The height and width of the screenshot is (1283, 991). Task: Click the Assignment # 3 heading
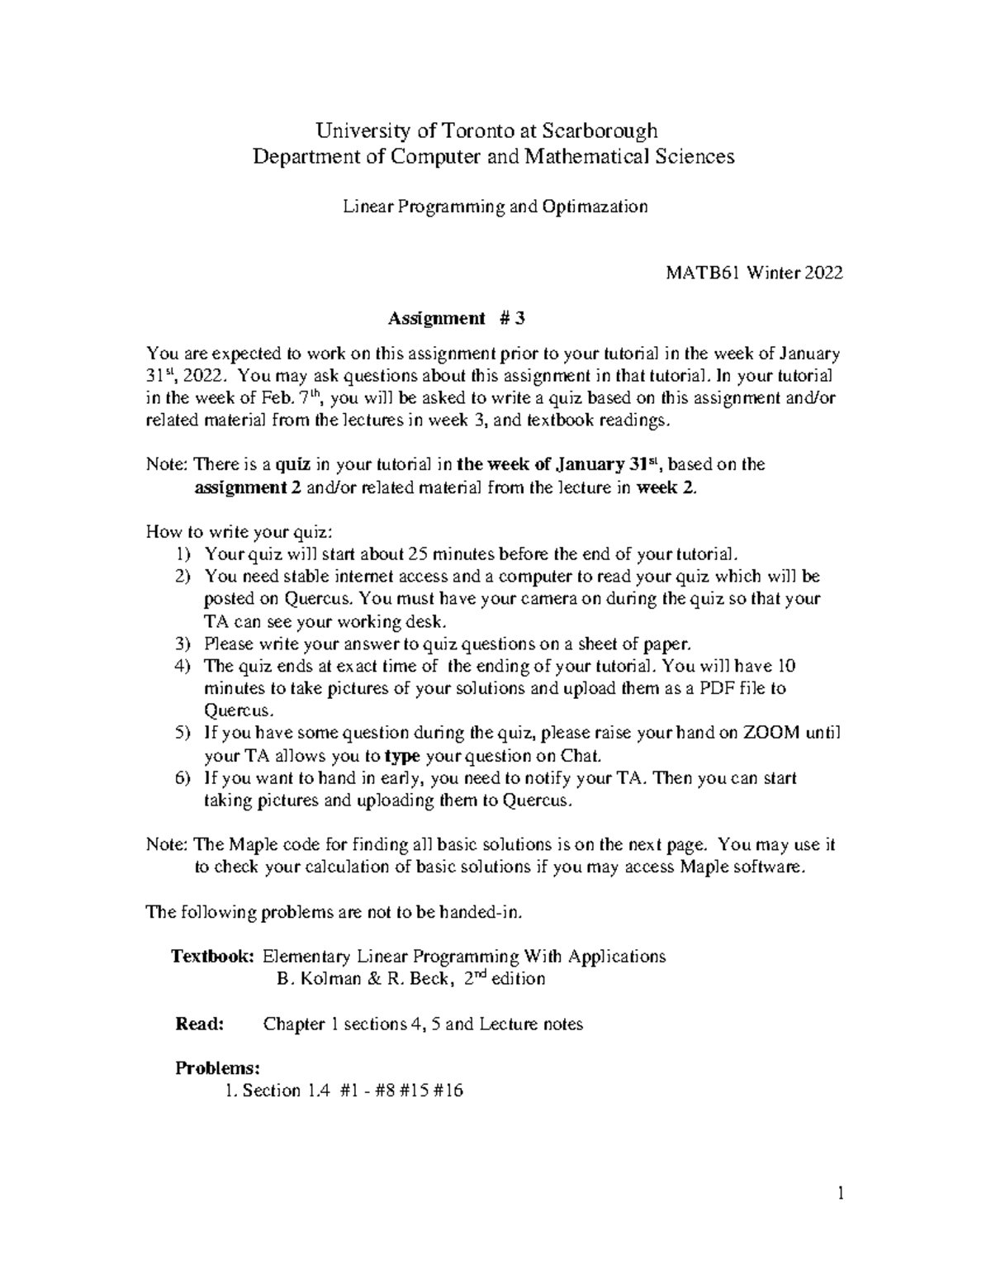tap(456, 318)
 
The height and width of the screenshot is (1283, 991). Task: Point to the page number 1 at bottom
tap(840, 1193)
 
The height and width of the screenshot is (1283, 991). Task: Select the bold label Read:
tap(200, 1024)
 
